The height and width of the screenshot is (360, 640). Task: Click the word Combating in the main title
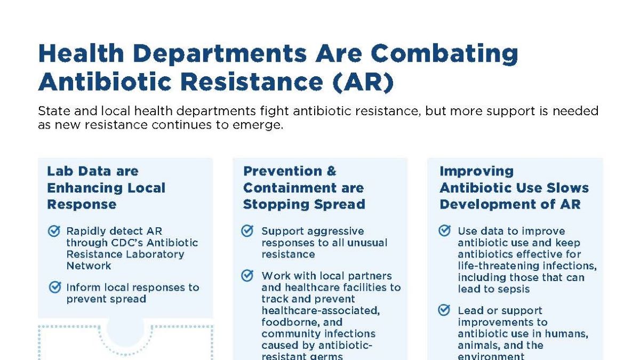click(x=444, y=54)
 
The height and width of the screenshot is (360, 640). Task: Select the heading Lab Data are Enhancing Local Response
click(x=106, y=188)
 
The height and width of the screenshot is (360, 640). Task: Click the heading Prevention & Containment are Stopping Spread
click(x=304, y=188)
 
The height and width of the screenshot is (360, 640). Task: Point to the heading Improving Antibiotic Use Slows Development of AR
click(x=514, y=188)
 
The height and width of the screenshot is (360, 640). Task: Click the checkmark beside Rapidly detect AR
click(x=54, y=231)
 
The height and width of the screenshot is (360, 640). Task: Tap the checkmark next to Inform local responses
click(x=54, y=287)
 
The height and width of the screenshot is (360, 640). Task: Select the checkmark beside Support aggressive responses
click(x=247, y=231)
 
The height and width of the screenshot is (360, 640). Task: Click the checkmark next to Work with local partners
click(x=247, y=276)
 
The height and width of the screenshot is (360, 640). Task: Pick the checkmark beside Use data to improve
click(x=444, y=231)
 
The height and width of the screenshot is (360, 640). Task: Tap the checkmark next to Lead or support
click(x=444, y=310)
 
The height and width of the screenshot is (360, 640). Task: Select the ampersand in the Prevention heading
click(x=331, y=171)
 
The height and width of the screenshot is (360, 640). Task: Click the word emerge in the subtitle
click(x=261, y=126)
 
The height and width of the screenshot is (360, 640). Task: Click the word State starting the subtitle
click(x=52, y=111)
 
